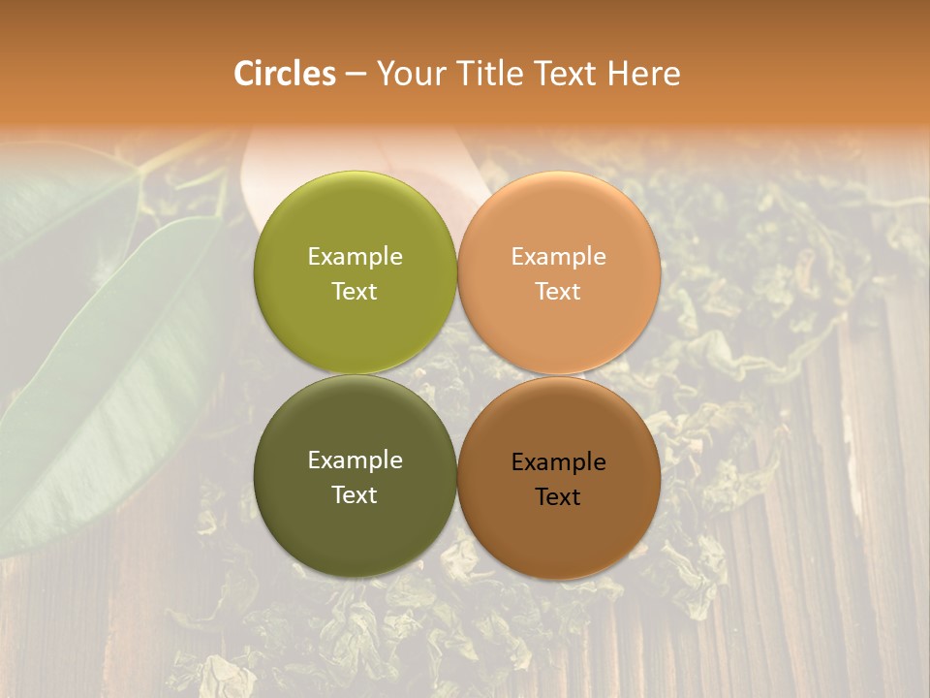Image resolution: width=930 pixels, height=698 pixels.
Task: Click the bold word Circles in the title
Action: [284, 74]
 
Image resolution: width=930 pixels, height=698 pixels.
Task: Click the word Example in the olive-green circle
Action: [355, 257]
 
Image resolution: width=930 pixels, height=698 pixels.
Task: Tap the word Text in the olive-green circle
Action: [355, 292]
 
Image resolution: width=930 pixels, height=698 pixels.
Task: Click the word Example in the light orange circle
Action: [558, 257]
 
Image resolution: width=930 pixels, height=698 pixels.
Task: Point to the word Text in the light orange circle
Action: [558, 292]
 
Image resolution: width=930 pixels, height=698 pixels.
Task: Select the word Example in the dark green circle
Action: [355, 460]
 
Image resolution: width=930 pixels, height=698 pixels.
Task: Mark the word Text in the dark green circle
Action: [355, 495]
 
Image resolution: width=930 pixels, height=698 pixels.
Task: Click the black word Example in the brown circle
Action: [558, 462]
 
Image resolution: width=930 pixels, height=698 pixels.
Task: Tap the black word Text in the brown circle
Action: [558, 497]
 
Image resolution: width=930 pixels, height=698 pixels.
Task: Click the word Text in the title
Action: [567, 74]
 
